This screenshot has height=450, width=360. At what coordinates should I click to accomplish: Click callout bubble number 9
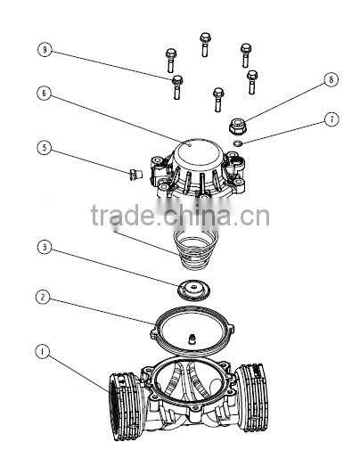[x=43, y=50]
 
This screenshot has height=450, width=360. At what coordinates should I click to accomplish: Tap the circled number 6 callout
[x=43, y=92]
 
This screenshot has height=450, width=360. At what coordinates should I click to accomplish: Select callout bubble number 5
[x=43, y=147]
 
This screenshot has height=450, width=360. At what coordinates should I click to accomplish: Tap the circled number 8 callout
[x=331, y=79]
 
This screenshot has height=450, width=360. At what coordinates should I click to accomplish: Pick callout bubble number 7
[x=331, y=118]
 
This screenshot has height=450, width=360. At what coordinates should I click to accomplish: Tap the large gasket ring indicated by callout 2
[x=192, y=325]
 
